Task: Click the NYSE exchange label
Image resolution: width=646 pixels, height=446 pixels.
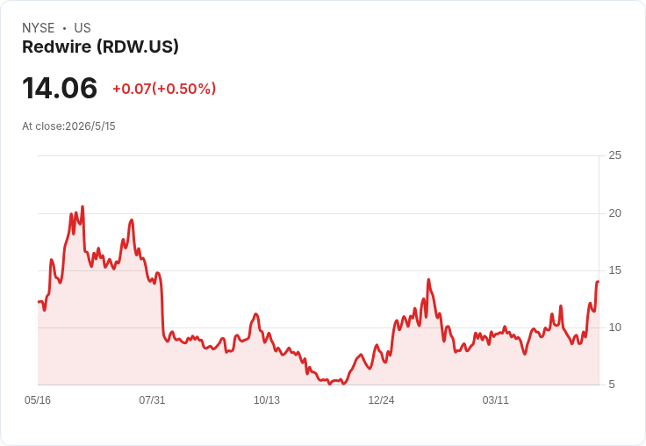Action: click(39, 28)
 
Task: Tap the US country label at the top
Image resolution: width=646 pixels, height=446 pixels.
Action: click(83, 28)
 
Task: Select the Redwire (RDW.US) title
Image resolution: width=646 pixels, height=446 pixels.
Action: click(101, 47)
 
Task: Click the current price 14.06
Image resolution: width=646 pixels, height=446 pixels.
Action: click(60, 88)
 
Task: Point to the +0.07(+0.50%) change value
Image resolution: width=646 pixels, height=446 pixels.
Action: click(164, 89)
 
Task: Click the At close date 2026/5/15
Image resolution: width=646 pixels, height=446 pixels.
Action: click(90, 126)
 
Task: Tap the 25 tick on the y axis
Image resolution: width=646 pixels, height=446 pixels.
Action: click(614, 155)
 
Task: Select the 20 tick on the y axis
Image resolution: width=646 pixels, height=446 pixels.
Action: click(614, 213)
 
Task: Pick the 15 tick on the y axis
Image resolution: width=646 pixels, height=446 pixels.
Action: click(614, 270)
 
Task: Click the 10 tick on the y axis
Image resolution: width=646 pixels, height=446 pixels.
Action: click(614, 327)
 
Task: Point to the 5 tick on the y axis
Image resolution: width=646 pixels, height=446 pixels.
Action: click(612, 385)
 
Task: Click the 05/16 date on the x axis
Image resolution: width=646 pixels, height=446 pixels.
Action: click(38, 400)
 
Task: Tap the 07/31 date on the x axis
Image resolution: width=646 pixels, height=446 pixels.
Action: click(152, 400)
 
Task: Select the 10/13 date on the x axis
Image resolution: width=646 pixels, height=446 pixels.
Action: click(267, 400)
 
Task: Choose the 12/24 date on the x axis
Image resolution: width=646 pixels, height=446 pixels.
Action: click(381, 400)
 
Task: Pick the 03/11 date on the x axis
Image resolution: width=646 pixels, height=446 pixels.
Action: click(496, 400)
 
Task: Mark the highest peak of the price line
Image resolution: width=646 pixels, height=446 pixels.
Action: click(83, 206)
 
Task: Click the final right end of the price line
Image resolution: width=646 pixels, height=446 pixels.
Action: click(599, 282)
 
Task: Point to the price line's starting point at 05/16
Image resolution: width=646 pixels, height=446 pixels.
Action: click(39, 302)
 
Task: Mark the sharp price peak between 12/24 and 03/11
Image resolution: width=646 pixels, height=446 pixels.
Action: click(428, 279)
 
